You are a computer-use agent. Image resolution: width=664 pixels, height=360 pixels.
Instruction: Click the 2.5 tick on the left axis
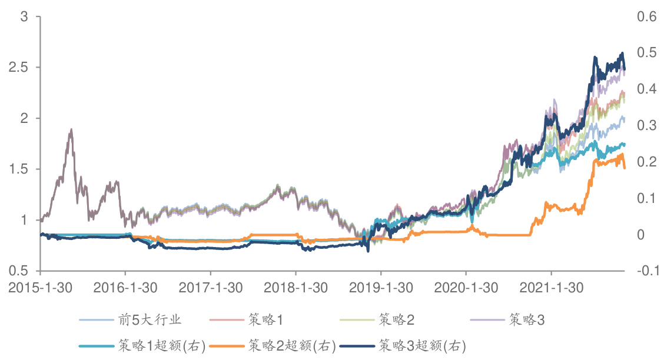pyautogui.click(x=19, y=68)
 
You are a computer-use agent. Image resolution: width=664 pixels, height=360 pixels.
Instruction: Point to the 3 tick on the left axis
pyautogui.click(x=24, y=17)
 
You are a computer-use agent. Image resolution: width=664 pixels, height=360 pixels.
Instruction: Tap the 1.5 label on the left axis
pyautogui.click(x=19, y=169)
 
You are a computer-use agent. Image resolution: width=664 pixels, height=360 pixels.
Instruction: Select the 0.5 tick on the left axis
pyautogui.click(x=19, y=271)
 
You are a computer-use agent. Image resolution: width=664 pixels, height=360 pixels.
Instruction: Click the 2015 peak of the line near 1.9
pyautogui.click(x=71, y=129)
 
